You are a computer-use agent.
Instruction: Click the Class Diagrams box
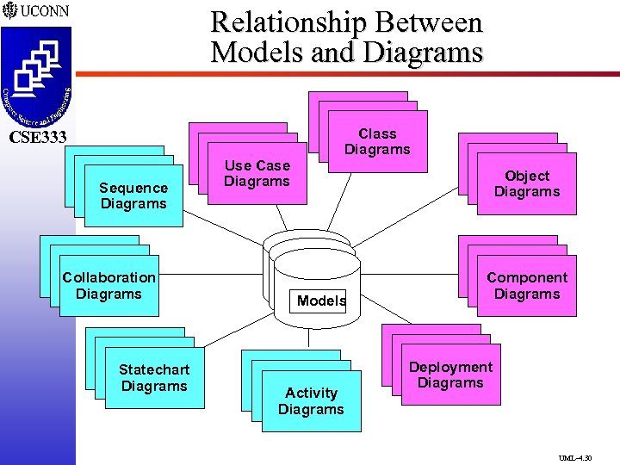pyautogui.click(x=377, y=141)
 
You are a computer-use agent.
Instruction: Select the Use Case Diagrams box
pyautogui.click(x=257, y=173)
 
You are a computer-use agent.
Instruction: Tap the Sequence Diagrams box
pyautogui.click(x=133, y=195)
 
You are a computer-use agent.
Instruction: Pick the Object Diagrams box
pyautogui.click(x=526, y=183)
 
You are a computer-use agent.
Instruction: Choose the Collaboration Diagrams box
pyautogui.click(x=108, y=286)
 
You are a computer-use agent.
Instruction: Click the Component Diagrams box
pyautogui.click(x=526, y=286)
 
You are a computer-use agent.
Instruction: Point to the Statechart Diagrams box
pyautogui.click(x=154, y=378)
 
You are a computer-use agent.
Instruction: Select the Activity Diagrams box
pyautogui.click(x=311, y=401)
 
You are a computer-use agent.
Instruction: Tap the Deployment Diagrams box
pyautogui.click(x=450, y=375)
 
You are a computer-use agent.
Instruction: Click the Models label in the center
pyautogui.click(x=321, y=301)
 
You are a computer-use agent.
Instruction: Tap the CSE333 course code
pyautogui.click(x=38, y=137)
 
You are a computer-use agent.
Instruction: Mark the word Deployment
pyautogui.click(x=450, y=367)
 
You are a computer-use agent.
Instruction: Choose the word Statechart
pyautogui.click(x=154, y=370)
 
